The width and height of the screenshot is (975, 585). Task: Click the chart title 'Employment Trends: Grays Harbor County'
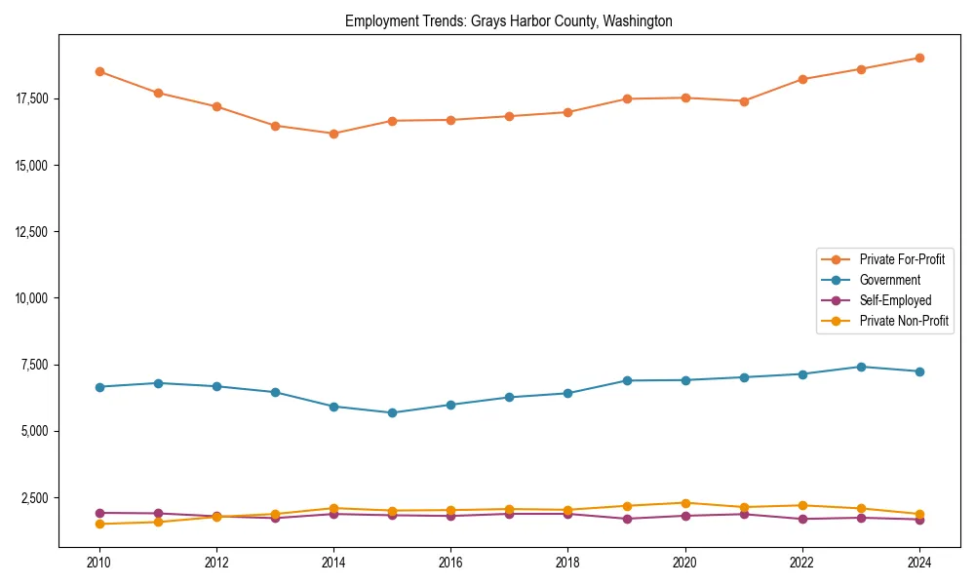coord(509,20)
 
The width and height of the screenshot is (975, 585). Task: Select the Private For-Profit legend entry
coord(902,259)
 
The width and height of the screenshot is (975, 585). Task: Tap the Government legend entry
coord(889,280)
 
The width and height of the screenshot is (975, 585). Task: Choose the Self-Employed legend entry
coord(895,300)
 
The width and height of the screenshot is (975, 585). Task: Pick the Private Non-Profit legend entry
coord(904,321)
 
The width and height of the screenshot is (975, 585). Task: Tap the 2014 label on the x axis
coord(333,563)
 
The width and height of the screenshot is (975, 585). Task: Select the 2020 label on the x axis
coord(684,563)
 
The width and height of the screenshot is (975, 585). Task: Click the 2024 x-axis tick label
coord(918,563)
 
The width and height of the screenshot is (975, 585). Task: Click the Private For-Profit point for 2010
coord(99,71)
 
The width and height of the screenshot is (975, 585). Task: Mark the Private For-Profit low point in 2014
coord(333,134)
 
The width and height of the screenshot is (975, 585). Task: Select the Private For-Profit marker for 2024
coord(918,58)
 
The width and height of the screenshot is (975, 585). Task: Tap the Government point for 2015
coord(392,412)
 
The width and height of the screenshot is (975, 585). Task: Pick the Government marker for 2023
coord(860,367)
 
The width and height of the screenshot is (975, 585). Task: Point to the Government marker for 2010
coord(99,387)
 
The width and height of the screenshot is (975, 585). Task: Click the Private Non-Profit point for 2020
coord(684,503)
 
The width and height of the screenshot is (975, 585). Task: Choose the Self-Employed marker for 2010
coord(99,513)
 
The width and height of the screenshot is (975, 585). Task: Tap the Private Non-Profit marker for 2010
coord(99,524)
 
